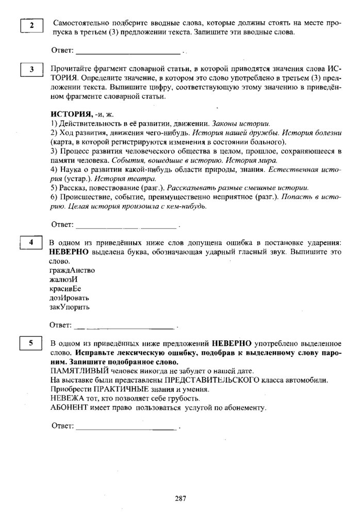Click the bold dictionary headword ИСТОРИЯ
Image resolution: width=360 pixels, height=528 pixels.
coord(71,114)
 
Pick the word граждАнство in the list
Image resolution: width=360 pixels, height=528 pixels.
coord(72,270)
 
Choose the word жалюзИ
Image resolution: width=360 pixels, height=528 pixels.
coord(63,279)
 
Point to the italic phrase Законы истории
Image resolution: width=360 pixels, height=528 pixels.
coord(243,123)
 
